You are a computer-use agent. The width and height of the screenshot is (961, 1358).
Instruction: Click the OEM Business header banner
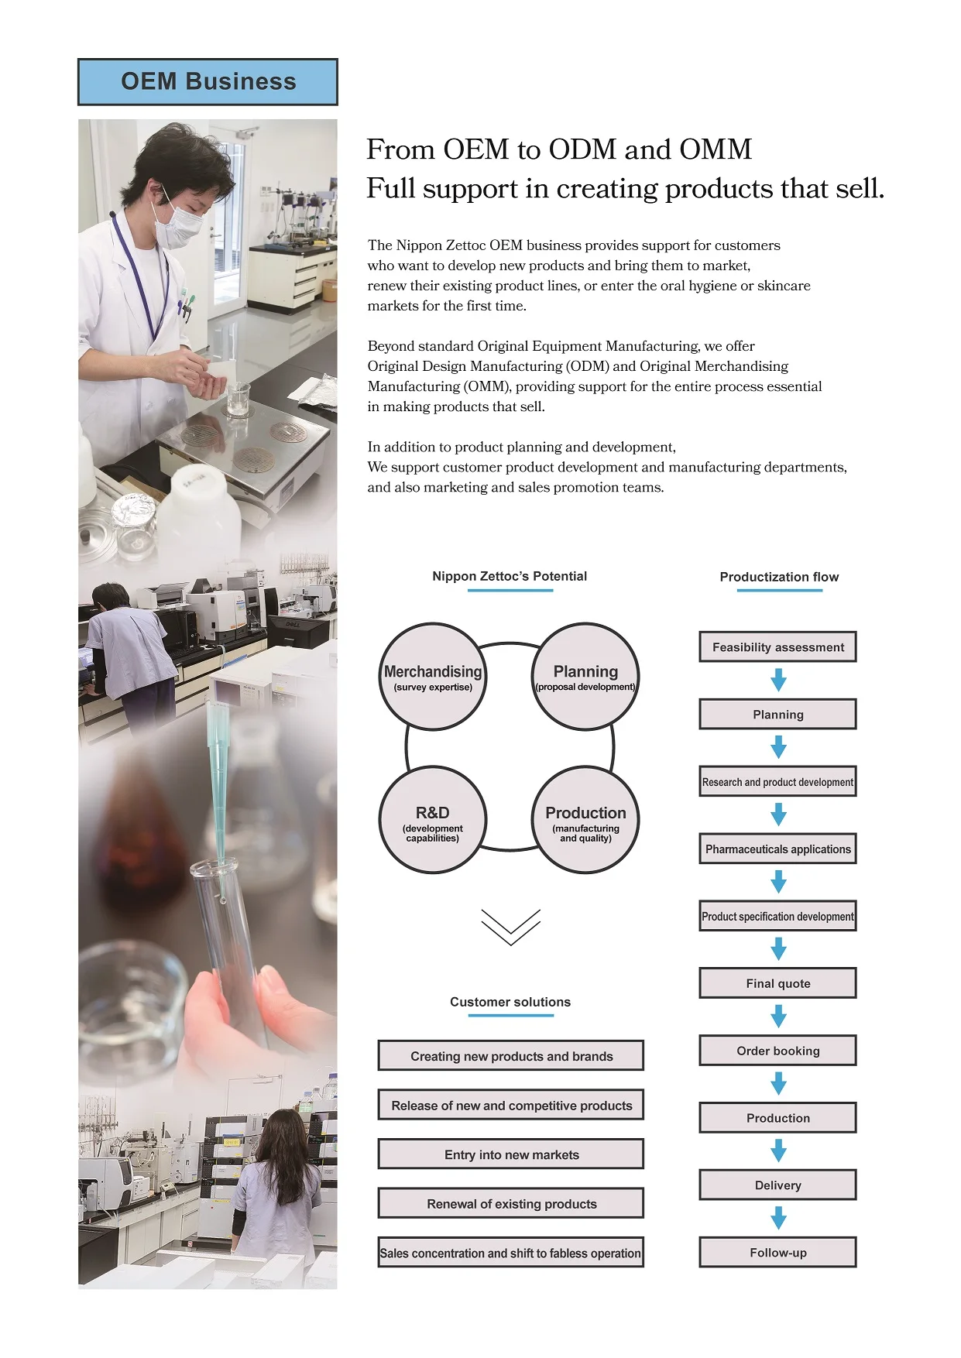point(208,82)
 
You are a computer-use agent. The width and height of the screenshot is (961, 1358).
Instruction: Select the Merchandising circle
point(433,677)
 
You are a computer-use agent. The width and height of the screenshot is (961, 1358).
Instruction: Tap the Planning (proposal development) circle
point(585,677)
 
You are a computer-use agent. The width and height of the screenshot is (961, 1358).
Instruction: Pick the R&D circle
point(433,820)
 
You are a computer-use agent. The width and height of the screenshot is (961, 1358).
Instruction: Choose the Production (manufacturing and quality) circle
point(585,820)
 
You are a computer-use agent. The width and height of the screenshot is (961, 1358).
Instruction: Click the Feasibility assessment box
point(777,647)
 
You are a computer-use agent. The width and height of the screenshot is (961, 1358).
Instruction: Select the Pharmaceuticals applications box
point(777,849)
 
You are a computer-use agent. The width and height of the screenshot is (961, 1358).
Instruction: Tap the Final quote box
point(777,983)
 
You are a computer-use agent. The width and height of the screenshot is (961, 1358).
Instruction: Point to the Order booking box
point(777,1051)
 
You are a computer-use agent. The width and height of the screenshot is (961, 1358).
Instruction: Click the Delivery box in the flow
point(777,1185)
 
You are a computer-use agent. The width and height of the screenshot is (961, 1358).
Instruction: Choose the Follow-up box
point(777,1253)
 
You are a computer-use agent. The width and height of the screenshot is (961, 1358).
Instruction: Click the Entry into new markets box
point(511,1154)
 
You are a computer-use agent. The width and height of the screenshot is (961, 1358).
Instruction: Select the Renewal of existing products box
point(511,1204)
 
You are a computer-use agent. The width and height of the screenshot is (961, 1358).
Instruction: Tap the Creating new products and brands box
point(511,1056)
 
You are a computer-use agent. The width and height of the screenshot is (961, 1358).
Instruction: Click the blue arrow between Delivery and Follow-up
point(778,1219)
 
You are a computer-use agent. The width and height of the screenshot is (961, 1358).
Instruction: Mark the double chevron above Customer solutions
point(511,927)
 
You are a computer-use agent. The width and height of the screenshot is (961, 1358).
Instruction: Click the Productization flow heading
point(779,577)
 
